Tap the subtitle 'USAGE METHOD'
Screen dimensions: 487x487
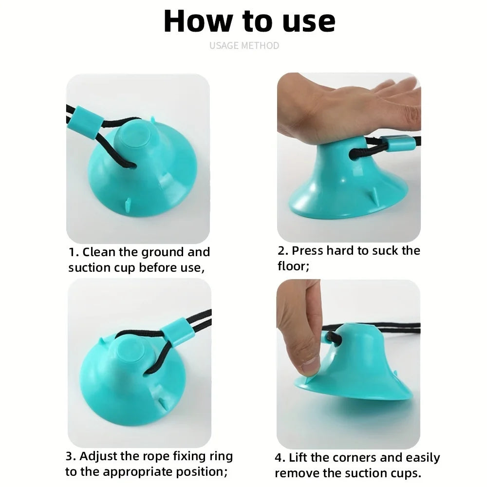pos(244,46)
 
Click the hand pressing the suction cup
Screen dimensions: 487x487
pos(341,107)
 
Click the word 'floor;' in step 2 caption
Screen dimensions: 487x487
pos(294,266)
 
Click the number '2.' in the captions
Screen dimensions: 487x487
pos(283,251)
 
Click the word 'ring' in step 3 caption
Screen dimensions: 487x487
pos(221,457)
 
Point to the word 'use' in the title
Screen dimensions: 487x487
pos(307,21)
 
